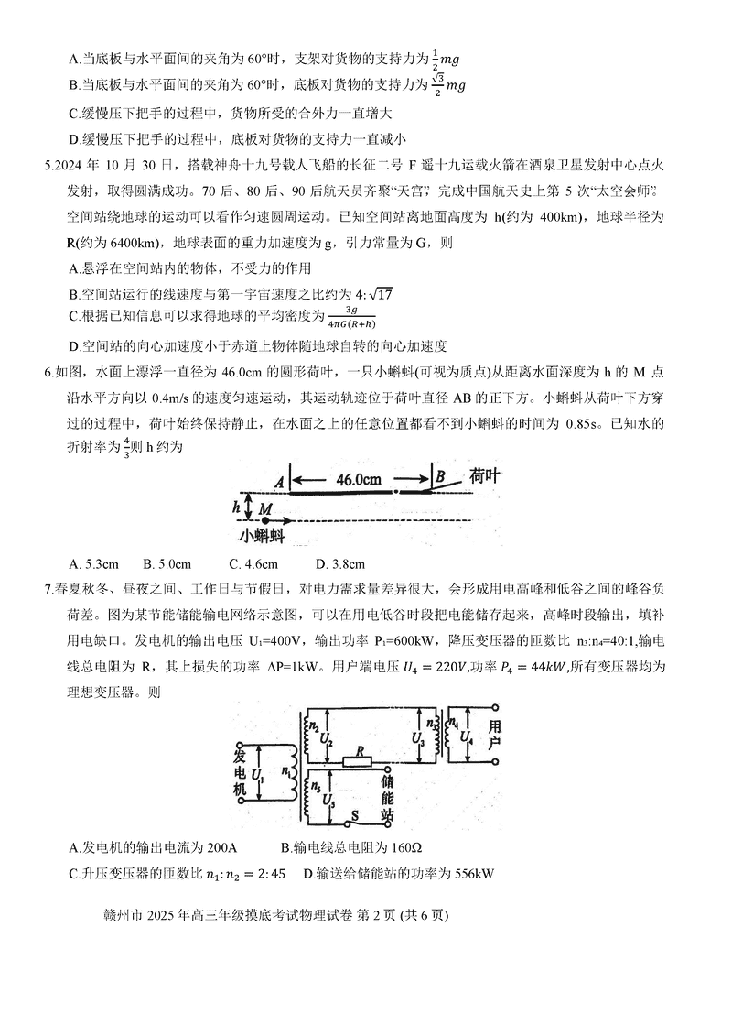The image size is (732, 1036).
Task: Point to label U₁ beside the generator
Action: tap(257, 775)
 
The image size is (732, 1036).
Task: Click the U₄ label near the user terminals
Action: tap(468, 736)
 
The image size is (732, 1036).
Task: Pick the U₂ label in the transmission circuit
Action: tap(328, 740)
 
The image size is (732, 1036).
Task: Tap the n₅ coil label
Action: tap(316, 786)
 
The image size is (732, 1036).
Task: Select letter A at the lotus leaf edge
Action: tap(279, 480)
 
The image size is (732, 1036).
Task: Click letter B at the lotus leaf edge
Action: tap(440, 476)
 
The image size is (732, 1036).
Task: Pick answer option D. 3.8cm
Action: tap(339, 563)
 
